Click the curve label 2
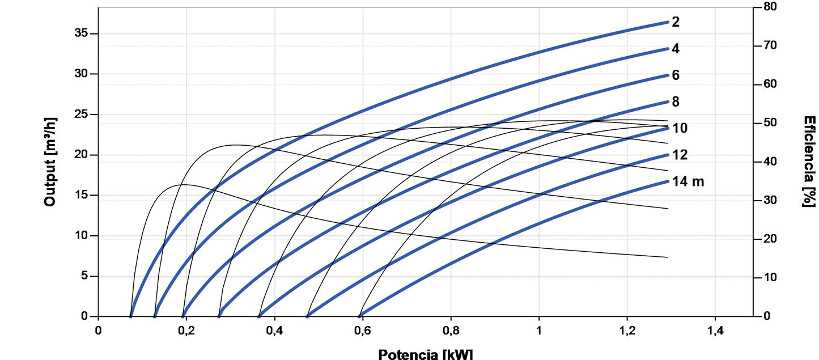pyautogui.click(x=676, y=22)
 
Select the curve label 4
pyautogui.click(x=676, y=49)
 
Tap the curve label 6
pyautogui.click(x=676, y=75)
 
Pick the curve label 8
pyautogui.click(x=676, y=102)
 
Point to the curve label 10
pyautogui.click(x=680, y=128)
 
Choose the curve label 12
pyautogui.click(x=680, y=155)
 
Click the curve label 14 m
pyautogui.click(x=689, y=181)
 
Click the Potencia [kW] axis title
pyautogui.click(x=425, y=354)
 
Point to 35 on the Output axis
pyautogui.click(x=82, y=33)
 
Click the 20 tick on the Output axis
pyautogui.click(x=82, y=155)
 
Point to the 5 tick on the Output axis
pyautogui.click(x=84, y=277)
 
